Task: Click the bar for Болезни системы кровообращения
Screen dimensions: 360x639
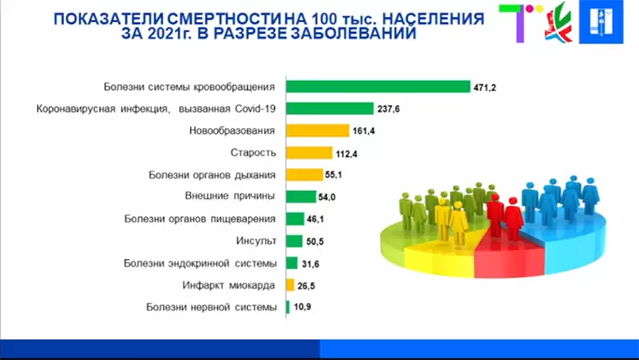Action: [378, 86]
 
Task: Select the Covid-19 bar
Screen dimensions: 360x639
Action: [330, 109]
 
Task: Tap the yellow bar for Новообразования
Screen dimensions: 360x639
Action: [317, 130]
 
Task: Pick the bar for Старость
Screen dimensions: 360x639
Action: [309, 152]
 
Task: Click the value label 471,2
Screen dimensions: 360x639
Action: [486, 87]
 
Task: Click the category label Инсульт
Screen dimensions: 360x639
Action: [256, 241]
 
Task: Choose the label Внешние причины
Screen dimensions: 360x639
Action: [230, 196]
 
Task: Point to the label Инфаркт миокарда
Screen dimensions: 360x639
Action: [230, 285]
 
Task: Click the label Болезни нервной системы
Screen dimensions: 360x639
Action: [211, 307]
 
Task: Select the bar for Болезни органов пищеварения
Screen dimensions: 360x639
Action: [294, 219]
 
